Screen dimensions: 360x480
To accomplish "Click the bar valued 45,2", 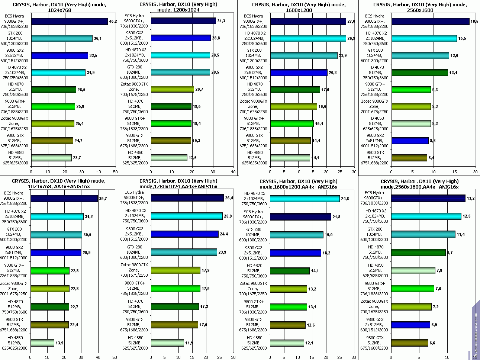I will [70, 22].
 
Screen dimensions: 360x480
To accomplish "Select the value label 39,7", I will [103, 199].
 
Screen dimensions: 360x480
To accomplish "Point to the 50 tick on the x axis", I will [115, 172].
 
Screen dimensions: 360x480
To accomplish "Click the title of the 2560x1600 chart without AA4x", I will [419, 7].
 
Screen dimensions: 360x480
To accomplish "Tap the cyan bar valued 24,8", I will [305, 199].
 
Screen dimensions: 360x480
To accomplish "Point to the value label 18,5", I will [474, 22].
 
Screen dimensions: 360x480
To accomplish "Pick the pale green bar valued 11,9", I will [167, 343].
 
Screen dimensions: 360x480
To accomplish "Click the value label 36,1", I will [98, 39].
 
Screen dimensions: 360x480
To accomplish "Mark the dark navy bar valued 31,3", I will [183, 21].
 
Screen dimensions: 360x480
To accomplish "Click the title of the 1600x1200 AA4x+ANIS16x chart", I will [299, 184].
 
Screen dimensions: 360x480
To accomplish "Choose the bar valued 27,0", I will [308, 22].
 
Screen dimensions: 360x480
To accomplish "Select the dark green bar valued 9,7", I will [418, 253].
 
